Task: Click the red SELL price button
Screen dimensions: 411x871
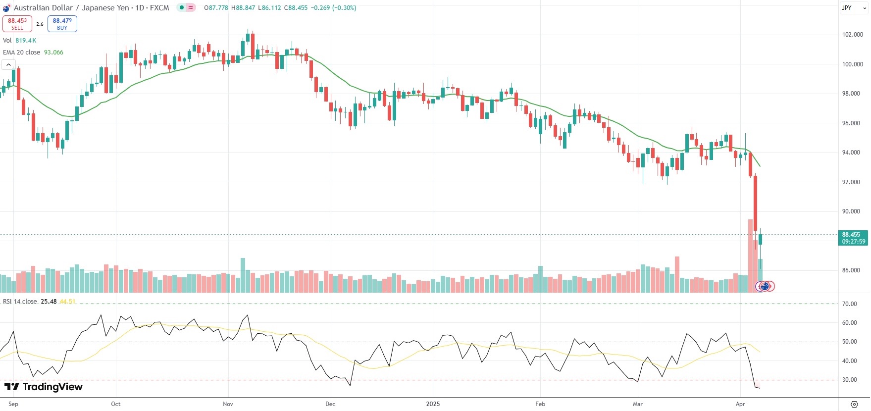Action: click(x=17, y=24)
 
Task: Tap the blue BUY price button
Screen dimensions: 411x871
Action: click(x=62, y=24)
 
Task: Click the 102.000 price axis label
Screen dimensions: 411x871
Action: click(x=852, y=35)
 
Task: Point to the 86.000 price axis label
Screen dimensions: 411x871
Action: click(x=852, y=270)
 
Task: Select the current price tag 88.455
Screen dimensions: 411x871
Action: click(x=853, y=235)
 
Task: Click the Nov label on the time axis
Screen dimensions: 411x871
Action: click(x=228, y=404)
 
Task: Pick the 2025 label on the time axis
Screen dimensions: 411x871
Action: click(x=433, y=404)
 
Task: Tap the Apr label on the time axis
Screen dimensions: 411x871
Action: click(x=740, y=404)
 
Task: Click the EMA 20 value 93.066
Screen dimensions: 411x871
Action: click(x=53, y=52)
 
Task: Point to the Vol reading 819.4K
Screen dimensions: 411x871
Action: click(x=26, y=41)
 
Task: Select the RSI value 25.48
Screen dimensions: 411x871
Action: click(x=49, y=302)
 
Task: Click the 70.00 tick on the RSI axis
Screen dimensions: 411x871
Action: click(x=850, y=304)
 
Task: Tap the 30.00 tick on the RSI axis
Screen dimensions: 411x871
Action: click(x=850, y=380)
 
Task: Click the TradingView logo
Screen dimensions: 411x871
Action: click(x=44, y=387)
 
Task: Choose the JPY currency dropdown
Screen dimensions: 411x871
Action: click(x=854, y=8)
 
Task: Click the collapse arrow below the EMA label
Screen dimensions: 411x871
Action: click(x=8, y=65)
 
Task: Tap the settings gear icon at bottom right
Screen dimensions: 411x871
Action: click(x=854, y=404)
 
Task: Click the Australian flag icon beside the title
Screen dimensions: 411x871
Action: click(x=6, y=8)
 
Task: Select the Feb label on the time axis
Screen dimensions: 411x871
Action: click(x=540, y=404)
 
